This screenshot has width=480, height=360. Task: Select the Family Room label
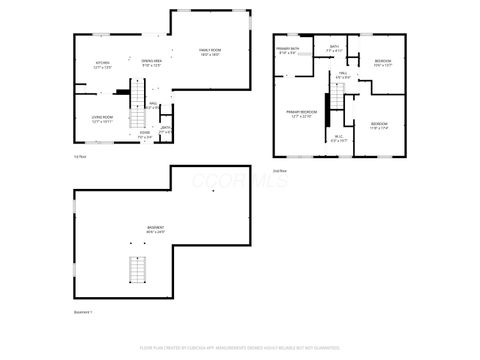click(x=210, y=51)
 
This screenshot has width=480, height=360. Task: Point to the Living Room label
click(x=102, y=119)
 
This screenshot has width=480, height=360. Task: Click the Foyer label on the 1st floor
click(x=145, y=134)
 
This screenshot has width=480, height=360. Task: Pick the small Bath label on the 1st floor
click(x=166, y=129)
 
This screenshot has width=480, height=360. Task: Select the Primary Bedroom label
click(x=302, y=114)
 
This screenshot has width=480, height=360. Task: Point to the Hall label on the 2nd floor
click(x=342, y=75)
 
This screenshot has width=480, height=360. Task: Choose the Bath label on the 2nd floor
click(x=334, y=48)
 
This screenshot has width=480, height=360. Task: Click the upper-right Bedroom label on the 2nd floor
click(x=383, y=63)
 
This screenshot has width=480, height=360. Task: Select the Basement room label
click(x=156, y=229)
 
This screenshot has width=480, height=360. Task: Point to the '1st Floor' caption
click(x=81, y=156)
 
